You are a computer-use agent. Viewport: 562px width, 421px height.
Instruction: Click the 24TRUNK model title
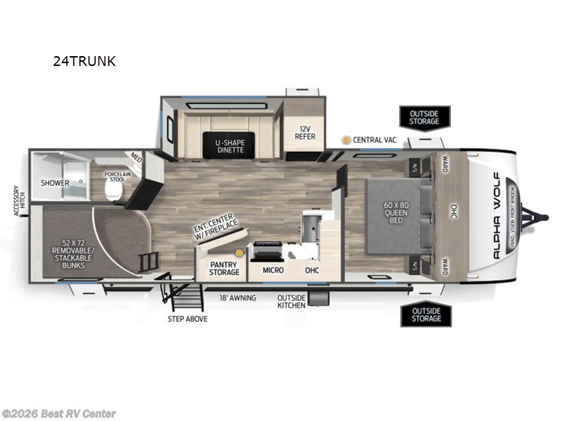[84, 61]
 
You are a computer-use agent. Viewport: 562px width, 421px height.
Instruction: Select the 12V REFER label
[305, 133]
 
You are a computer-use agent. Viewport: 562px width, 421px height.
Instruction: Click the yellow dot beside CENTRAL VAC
[346, 140]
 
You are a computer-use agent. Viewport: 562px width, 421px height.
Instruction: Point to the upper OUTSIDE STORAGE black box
[425, 116]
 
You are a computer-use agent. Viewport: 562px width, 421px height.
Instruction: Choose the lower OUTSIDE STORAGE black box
[426, 314]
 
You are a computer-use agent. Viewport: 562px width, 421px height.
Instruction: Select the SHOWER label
[55, 183]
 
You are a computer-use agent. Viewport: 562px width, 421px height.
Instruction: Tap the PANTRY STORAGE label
[224, 267]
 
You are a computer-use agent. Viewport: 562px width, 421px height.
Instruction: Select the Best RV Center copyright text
[59, 414]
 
